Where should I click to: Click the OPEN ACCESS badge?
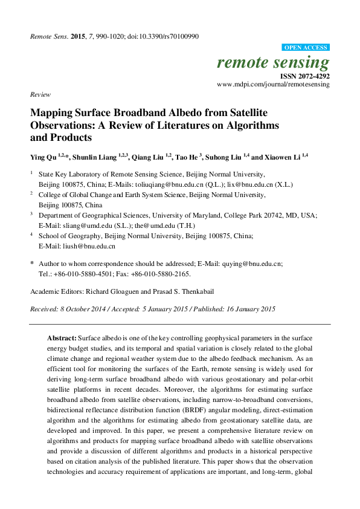pos(306,48)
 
